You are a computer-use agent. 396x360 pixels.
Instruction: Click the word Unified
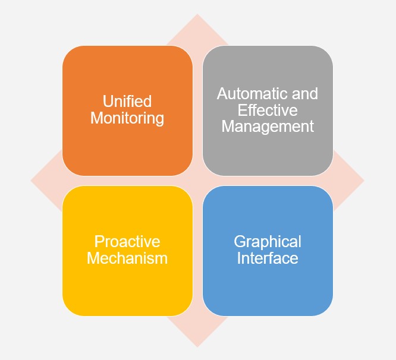pyautogui.click(x=127, y=102)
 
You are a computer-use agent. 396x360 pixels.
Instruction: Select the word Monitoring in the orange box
pyautogui.click(x=127, y=118)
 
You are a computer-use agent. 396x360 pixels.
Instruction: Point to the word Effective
pyautogui.click(x=268, y=110)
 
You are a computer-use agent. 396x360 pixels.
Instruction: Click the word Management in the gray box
pyautogui.click(x=268, y=126)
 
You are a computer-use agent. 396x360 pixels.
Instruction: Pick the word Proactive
pyautogui.click(x=127, y=242)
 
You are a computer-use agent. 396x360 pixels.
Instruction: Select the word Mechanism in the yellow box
pyautogui.click(x=127, y=258)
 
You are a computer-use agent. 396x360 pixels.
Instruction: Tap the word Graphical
pyautogui.click(x=268, y=242)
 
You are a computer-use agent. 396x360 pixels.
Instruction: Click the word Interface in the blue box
pyautogui.click(x=268, y=258)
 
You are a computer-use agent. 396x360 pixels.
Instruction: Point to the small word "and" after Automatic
pyautogui.click(x=304, y=94)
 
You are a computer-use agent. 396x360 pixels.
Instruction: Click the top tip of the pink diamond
pyautogui.click(x=197, y=15)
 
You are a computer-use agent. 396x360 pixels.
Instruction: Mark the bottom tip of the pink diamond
pyautogui.click(x=197, y=346)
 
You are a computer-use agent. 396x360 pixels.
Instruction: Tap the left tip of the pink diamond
pyautogui.click(x=32, y=181)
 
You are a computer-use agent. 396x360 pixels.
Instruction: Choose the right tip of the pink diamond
pyautogui.click(x=363, y=181)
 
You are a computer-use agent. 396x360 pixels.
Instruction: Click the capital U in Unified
pyautogui.click(x=108, y=102)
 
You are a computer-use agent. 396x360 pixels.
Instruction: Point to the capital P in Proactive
pyautogui.click(x=99, y=242)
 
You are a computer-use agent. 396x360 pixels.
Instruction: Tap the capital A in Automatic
pyautogui.click(x=222, y=94)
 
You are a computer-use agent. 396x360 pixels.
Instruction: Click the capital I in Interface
pyautogui.click(x=239, y=258)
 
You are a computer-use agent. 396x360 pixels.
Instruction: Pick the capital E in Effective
pyautogui.click(x=241, y=110)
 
